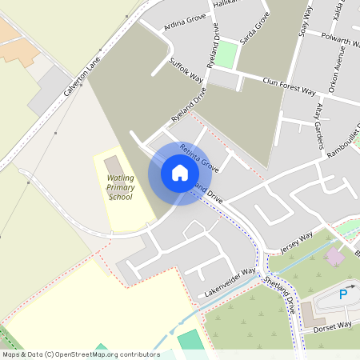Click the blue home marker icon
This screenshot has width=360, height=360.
click(x=180, y=173)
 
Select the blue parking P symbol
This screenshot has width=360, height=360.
click(x=343, y=294)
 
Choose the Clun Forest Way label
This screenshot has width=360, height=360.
click(x=289, y=86)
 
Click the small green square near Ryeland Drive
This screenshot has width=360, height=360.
click(x=228, y=54)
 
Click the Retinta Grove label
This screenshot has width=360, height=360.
click(x=199, y=158)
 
